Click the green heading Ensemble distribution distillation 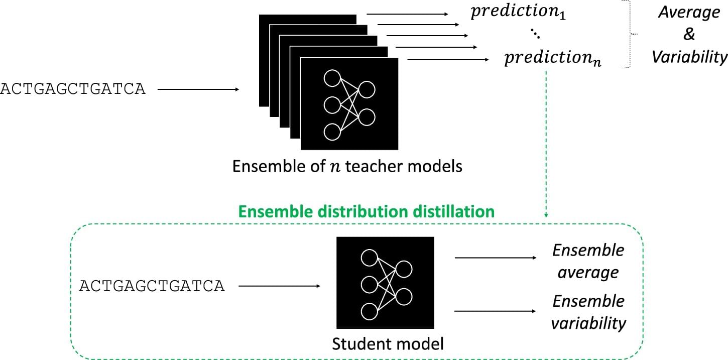point(366,211)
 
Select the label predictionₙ point(552,58)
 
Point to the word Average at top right point(689,12)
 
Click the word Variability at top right point(689,57)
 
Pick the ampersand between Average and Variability point(689,34)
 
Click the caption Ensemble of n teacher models point(347,166)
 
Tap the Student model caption point(388,344)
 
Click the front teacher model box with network point(349,104)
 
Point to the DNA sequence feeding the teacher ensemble point(73,89)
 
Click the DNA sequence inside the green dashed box point(152,286)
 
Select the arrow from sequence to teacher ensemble point(198,90)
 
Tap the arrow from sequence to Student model point(279,286)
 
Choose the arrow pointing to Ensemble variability point(495,311)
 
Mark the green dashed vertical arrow point(546,146)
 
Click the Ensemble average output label point(588,261)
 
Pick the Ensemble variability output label point(588,312)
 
